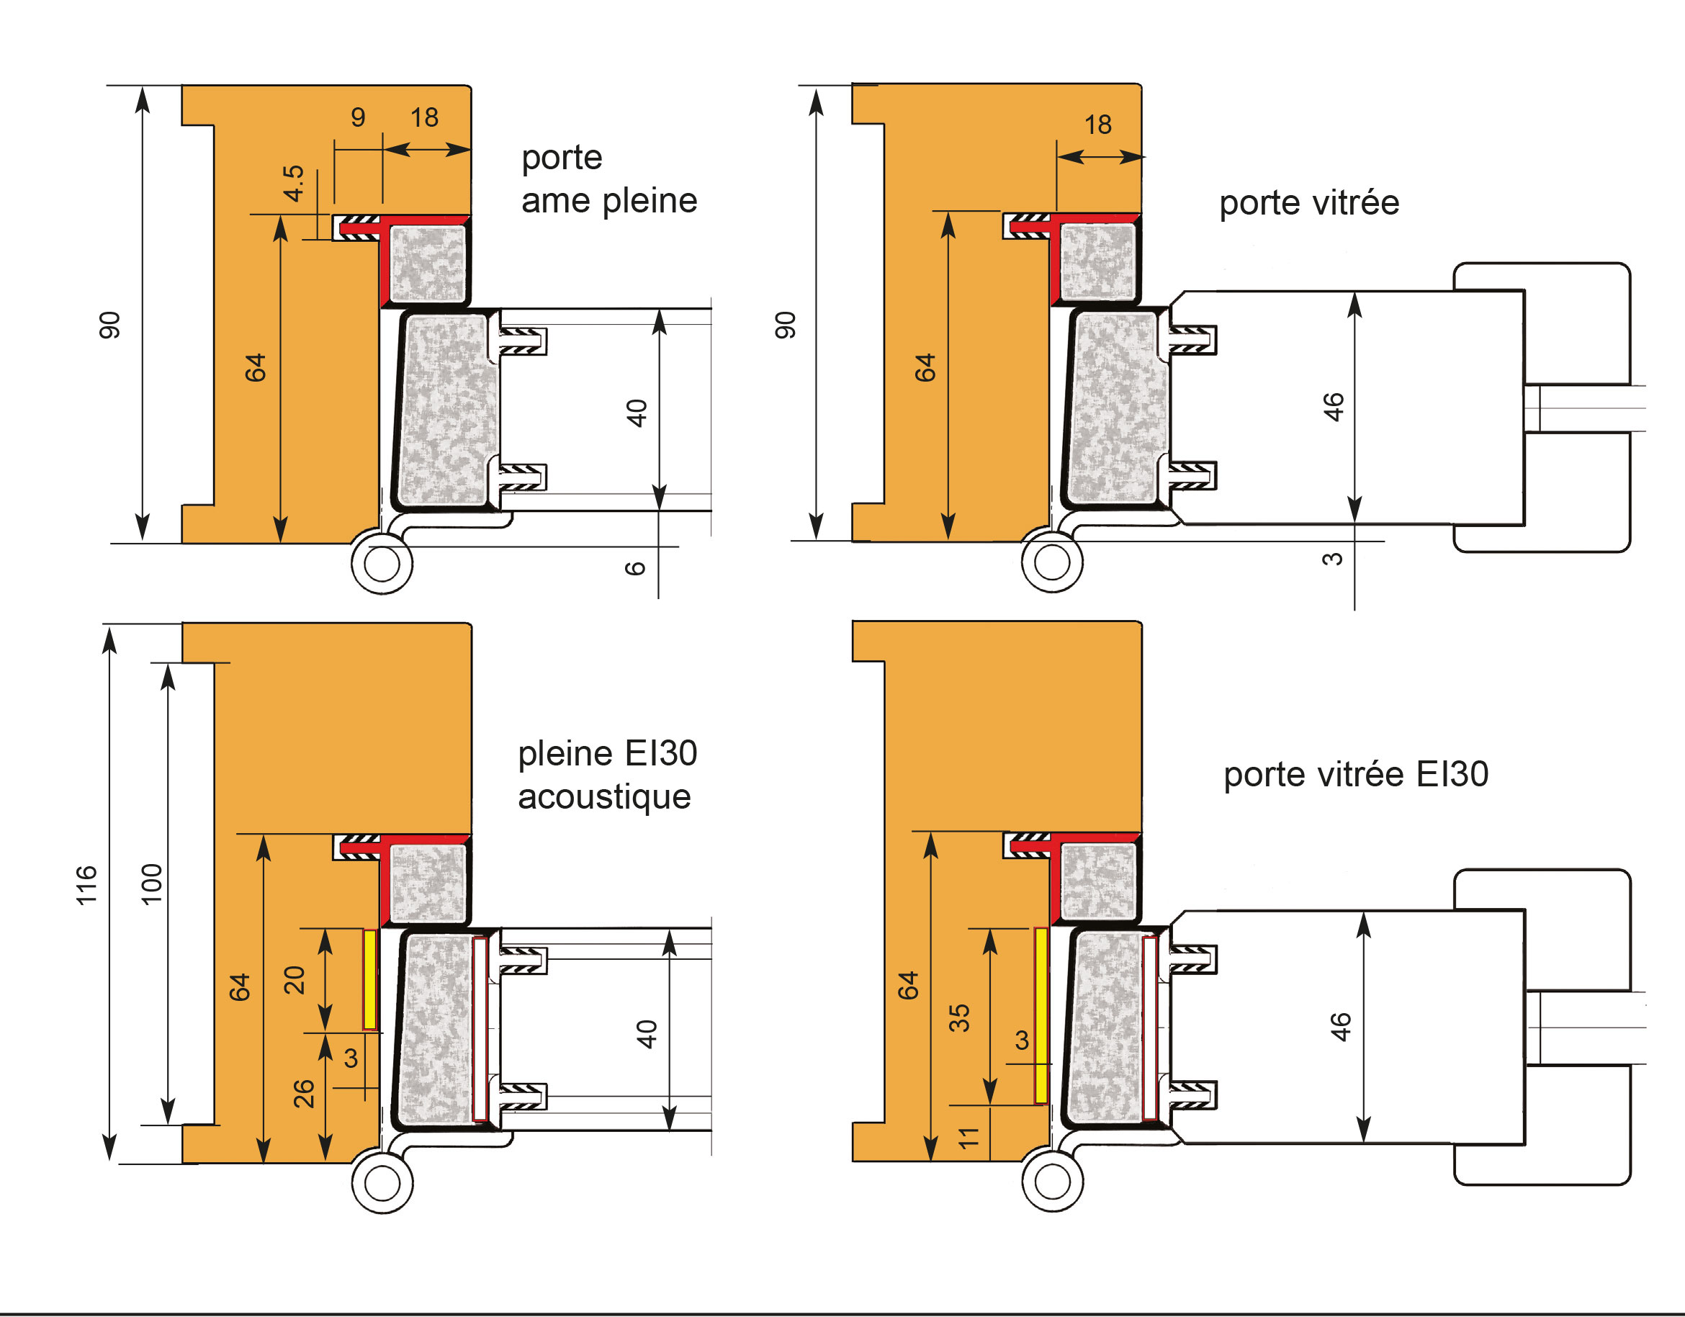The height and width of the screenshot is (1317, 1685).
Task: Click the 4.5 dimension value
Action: (294, 183)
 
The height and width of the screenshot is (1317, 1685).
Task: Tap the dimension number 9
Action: (358, 117)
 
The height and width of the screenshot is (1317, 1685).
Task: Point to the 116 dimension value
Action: (86, 885)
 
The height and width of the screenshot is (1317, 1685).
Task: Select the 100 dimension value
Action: (152, 884)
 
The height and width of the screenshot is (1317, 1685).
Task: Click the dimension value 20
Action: (295, 980)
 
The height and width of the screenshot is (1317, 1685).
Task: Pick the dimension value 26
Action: (304, 1094)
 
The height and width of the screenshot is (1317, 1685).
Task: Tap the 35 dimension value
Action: (959, 1018)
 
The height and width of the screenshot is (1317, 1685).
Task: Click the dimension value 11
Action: (969, 1137)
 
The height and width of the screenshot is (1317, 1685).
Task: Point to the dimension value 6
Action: (635, 569)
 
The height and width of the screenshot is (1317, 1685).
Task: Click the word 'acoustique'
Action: (604, 797)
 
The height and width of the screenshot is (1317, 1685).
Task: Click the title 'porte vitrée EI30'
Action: (1355, 775)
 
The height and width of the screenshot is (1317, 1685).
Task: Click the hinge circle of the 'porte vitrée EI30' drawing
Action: (1052, 1181)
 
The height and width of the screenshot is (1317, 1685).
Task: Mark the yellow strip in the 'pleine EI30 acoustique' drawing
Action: (370, 979)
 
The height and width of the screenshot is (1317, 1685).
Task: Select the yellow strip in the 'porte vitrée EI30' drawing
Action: (1041, 1015)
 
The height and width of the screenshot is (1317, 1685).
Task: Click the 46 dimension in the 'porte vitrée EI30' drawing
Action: (1342, 1028)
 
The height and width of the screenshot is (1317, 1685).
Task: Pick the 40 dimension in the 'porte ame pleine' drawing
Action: (637, 413)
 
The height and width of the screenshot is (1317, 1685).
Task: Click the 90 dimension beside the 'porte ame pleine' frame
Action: (110, 325)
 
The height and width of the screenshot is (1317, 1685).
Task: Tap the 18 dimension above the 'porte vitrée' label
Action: (1098, 125)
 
